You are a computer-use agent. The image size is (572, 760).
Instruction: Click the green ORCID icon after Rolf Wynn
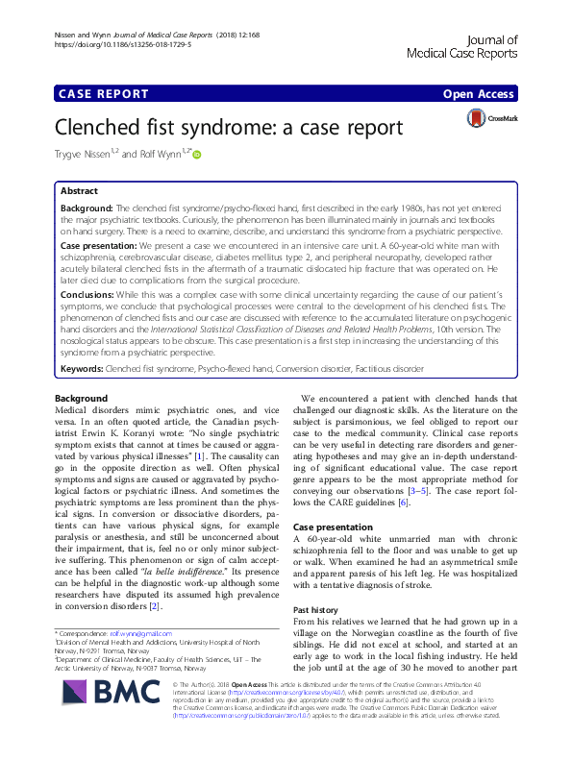197,152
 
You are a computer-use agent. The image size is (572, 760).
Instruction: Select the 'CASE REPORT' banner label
104,94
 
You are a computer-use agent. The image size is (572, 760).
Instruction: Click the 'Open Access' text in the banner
481,94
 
